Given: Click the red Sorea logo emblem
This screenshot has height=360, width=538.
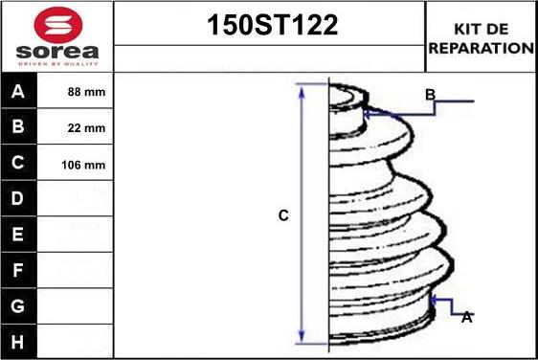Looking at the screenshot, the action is tap(58, 24).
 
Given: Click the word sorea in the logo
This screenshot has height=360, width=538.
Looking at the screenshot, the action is tap(57, 52).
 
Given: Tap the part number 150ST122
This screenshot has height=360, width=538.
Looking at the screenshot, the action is tap(273, 25).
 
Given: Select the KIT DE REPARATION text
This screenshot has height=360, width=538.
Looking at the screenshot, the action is tap(482, 38).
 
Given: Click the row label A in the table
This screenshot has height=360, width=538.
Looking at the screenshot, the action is tap(18, 91).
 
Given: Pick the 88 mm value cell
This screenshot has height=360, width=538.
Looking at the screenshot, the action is tap(86, 92).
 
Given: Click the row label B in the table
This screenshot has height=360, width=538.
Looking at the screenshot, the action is tap(18, 126).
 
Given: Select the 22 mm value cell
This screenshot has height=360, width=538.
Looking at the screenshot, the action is tap(86, 128).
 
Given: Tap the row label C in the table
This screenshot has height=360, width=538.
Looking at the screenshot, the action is tap(17, 163).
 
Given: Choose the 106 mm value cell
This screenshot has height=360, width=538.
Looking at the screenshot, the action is tap(83, 165).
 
